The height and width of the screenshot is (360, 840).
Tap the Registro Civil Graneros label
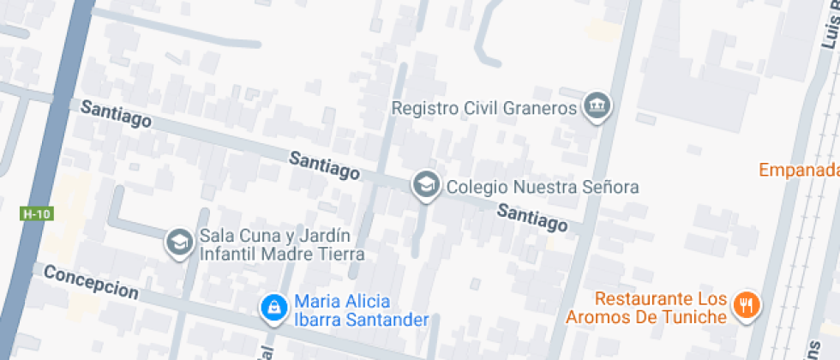(x=482, y=109)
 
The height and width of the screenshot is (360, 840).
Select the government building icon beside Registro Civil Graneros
(x=596, y=107)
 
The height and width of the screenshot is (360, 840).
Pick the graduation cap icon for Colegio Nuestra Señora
(x=425, y=184)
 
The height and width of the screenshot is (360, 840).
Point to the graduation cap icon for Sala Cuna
(x=179, y=243)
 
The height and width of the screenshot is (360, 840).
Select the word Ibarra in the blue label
(x=318, y=320)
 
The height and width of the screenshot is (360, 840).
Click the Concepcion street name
(x=90, y=281)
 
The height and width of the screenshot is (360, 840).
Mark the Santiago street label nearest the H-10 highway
(x=116, y=113)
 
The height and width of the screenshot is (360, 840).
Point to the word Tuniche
(x=693, y=316)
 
